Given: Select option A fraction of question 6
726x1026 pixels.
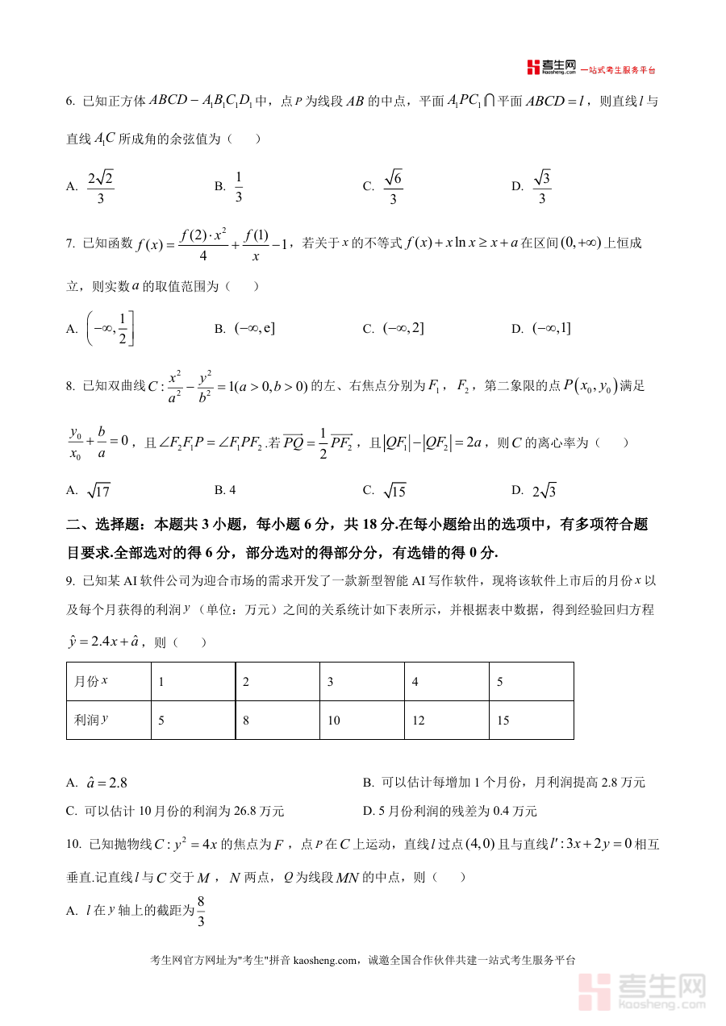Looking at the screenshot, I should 101,186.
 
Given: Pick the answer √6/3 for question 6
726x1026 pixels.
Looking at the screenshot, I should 393,186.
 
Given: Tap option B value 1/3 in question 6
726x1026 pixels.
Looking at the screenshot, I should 239,186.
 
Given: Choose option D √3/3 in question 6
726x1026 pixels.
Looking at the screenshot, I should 542,186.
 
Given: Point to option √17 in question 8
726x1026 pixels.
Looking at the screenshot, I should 98,490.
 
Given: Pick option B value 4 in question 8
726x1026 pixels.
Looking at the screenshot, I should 232,489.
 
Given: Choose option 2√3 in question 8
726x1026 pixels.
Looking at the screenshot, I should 544,490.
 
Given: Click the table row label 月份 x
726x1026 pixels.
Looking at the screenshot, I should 91,681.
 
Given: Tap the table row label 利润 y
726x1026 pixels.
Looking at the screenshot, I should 91,720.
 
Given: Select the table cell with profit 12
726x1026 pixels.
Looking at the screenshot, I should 418,721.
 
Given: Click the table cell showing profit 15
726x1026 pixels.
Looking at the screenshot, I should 503,721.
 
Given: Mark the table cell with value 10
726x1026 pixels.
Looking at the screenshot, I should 333,721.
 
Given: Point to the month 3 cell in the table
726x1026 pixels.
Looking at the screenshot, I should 331,682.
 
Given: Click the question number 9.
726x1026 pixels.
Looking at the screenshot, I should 70,580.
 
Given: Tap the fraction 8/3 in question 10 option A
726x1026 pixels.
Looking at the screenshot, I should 201,910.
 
